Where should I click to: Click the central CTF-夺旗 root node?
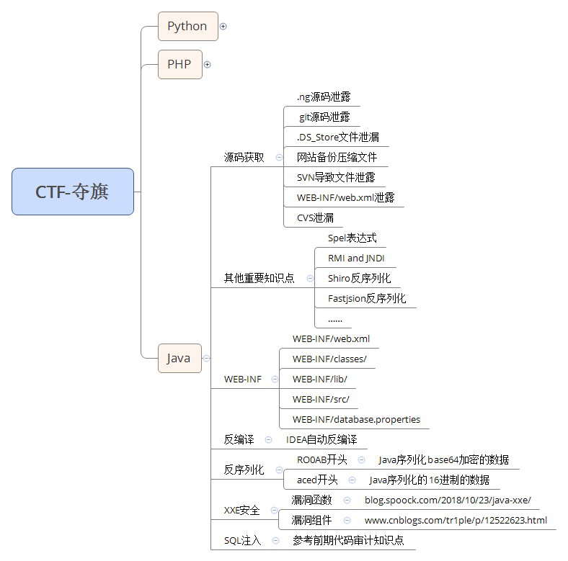[x=73, y=192]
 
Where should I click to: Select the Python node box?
[x=187, y=27]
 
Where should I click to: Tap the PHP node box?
[x=179, y=65]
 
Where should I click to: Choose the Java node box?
[x=179, y=358]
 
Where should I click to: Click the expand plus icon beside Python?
[x=223, y=27]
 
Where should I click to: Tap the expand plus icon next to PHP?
[x=208, y=65]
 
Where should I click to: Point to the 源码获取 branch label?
[x=244, y=157]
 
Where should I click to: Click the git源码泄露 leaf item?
[x=324, y=117]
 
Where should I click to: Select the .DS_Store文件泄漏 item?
[x=338, y=137]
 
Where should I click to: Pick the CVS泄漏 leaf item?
[x=315, y=217]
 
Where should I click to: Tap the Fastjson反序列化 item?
[x=367, y=298]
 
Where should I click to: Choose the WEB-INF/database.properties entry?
[x=356, y=419]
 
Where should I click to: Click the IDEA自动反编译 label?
[x=321, y=439]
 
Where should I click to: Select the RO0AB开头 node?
[x=322, y=459]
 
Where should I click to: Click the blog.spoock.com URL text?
[x=448, y=500]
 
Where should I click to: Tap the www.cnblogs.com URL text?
[x=456, y=520]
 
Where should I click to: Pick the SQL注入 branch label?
[x=242, y=540]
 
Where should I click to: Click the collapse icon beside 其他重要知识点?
[x=310, y=278]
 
